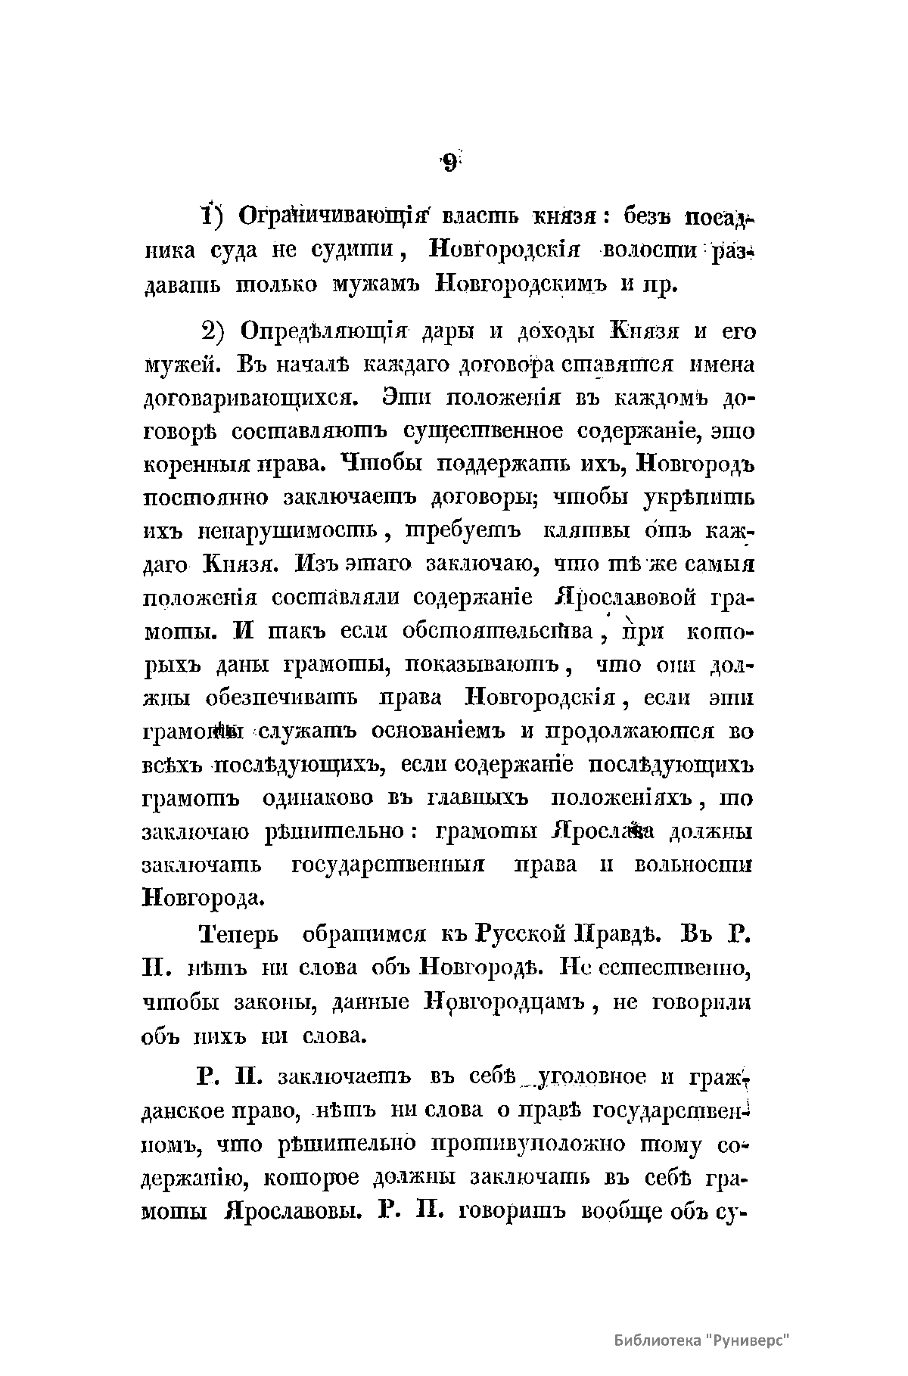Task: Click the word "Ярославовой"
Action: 625,598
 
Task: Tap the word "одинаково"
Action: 319,798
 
